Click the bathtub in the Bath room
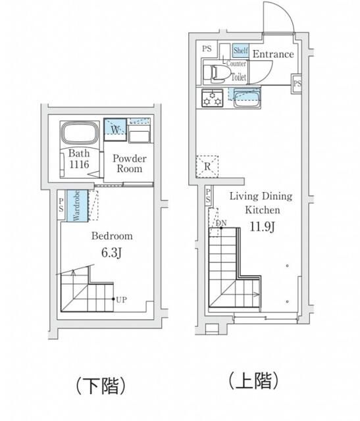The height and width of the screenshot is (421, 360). pos(80,134)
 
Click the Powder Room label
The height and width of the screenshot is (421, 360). pos(128,164)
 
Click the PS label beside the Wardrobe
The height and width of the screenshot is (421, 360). pos(61,206)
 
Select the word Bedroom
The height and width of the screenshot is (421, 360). pos(112,235)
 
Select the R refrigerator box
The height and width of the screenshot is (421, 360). pos(207,166)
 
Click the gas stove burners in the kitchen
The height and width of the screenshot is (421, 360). pos(213,98)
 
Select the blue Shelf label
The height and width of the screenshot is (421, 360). pos(240,50)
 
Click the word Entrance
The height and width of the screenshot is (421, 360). pos(273,54)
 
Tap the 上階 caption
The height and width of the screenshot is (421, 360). pos(254,380)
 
